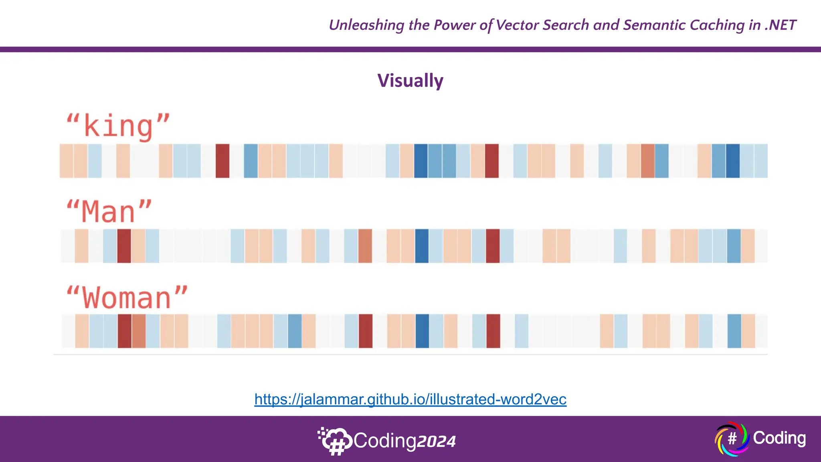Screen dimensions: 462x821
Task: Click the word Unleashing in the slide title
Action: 366,25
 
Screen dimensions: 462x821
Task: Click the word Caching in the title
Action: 717,25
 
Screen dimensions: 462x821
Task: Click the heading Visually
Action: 410,81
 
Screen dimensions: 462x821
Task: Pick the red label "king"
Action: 118,127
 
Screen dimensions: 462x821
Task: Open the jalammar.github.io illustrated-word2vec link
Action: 410,399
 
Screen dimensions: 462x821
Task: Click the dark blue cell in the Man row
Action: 422,246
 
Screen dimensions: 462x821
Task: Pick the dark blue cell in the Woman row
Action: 422,331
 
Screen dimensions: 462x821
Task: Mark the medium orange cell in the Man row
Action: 365,246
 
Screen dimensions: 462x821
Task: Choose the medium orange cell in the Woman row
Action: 139,331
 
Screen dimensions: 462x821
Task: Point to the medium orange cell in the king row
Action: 647,161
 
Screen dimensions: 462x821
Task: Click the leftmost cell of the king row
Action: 66,161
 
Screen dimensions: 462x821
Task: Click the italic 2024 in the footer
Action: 436,442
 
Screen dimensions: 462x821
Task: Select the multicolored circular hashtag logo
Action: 732,439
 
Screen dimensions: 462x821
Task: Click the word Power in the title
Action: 455,25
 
